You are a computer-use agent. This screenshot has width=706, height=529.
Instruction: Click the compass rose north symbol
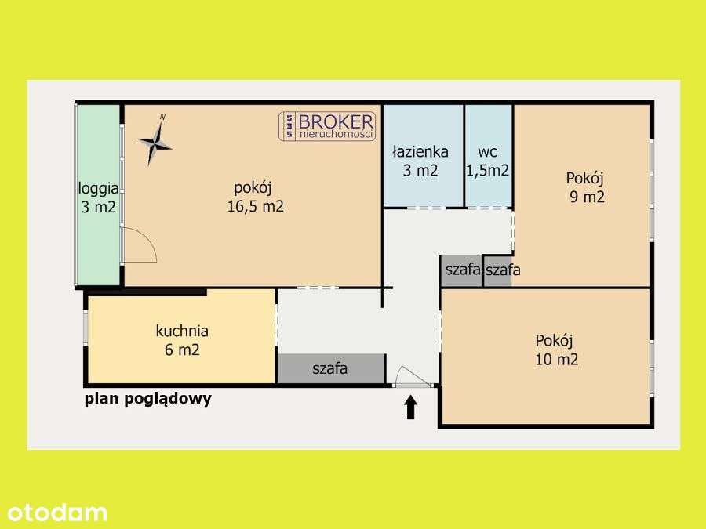pyautogui.click(x=155, y=142)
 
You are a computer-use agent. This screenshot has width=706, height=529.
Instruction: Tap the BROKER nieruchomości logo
pyautogui.click(x=327, y=126)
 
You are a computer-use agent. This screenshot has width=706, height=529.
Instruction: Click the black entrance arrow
pyautogui.click(x=410, y=408)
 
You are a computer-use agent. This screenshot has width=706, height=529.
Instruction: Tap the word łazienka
pyautogui.click(x=420, y=152)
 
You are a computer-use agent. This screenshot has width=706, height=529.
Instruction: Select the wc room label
pyautogui.click(x=488, y=151)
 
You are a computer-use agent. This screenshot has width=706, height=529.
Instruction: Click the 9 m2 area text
pyautogui.click(x=587, y=197)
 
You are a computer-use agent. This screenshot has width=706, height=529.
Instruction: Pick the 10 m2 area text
pyautogui.click(x=556, y=360)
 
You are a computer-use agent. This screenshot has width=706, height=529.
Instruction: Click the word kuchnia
pyautogui.click(x=182, y=331)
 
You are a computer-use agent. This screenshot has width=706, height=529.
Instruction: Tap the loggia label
pyautogui.click(x=98, y=188)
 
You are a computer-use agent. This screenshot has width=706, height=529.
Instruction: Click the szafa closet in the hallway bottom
pyautogui.click(x=330, y=368)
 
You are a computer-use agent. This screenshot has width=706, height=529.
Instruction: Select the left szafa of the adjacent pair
pyautogui.click(x=462, y=270)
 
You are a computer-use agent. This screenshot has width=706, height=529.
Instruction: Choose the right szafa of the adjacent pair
pyautogui.click(x=502, y=270)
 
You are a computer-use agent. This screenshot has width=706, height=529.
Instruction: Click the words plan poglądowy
pyautogui.click(x=148, y=398)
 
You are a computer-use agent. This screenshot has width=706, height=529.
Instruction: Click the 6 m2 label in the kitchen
pyautogui.click(x=182, y=350)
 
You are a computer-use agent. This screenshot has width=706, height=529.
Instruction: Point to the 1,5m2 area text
pyautogui.click(x=488, y=170)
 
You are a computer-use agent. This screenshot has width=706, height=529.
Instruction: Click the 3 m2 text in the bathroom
pyautogui.click(x=420, y=171)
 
